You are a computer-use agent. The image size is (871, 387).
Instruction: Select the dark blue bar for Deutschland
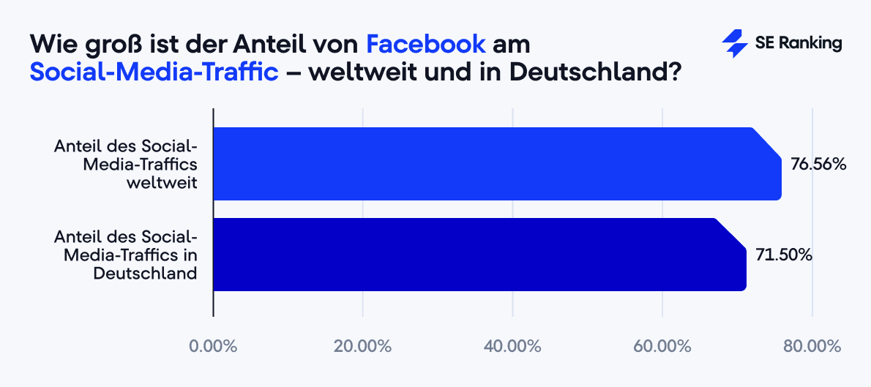[479, 255]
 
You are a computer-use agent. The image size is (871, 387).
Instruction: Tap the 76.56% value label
[818, 165]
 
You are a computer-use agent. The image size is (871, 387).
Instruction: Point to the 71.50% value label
[783, 255]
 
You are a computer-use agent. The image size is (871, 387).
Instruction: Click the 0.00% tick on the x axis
[213, 346]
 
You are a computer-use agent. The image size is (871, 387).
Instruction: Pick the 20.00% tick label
[363, 346]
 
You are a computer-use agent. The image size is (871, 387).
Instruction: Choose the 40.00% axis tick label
[512, 346]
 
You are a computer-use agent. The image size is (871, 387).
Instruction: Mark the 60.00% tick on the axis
[662, 346]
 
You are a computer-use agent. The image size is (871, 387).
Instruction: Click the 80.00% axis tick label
[812, 346]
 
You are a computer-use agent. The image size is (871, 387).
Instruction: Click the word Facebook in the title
[426, 44]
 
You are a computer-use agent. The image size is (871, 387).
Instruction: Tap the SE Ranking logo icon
[734, 44]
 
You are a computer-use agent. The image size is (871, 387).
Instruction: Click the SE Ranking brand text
[798, 44]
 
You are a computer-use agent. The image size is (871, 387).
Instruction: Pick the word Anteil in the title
[270, 44]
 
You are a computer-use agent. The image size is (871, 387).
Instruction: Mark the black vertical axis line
[213, 212]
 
